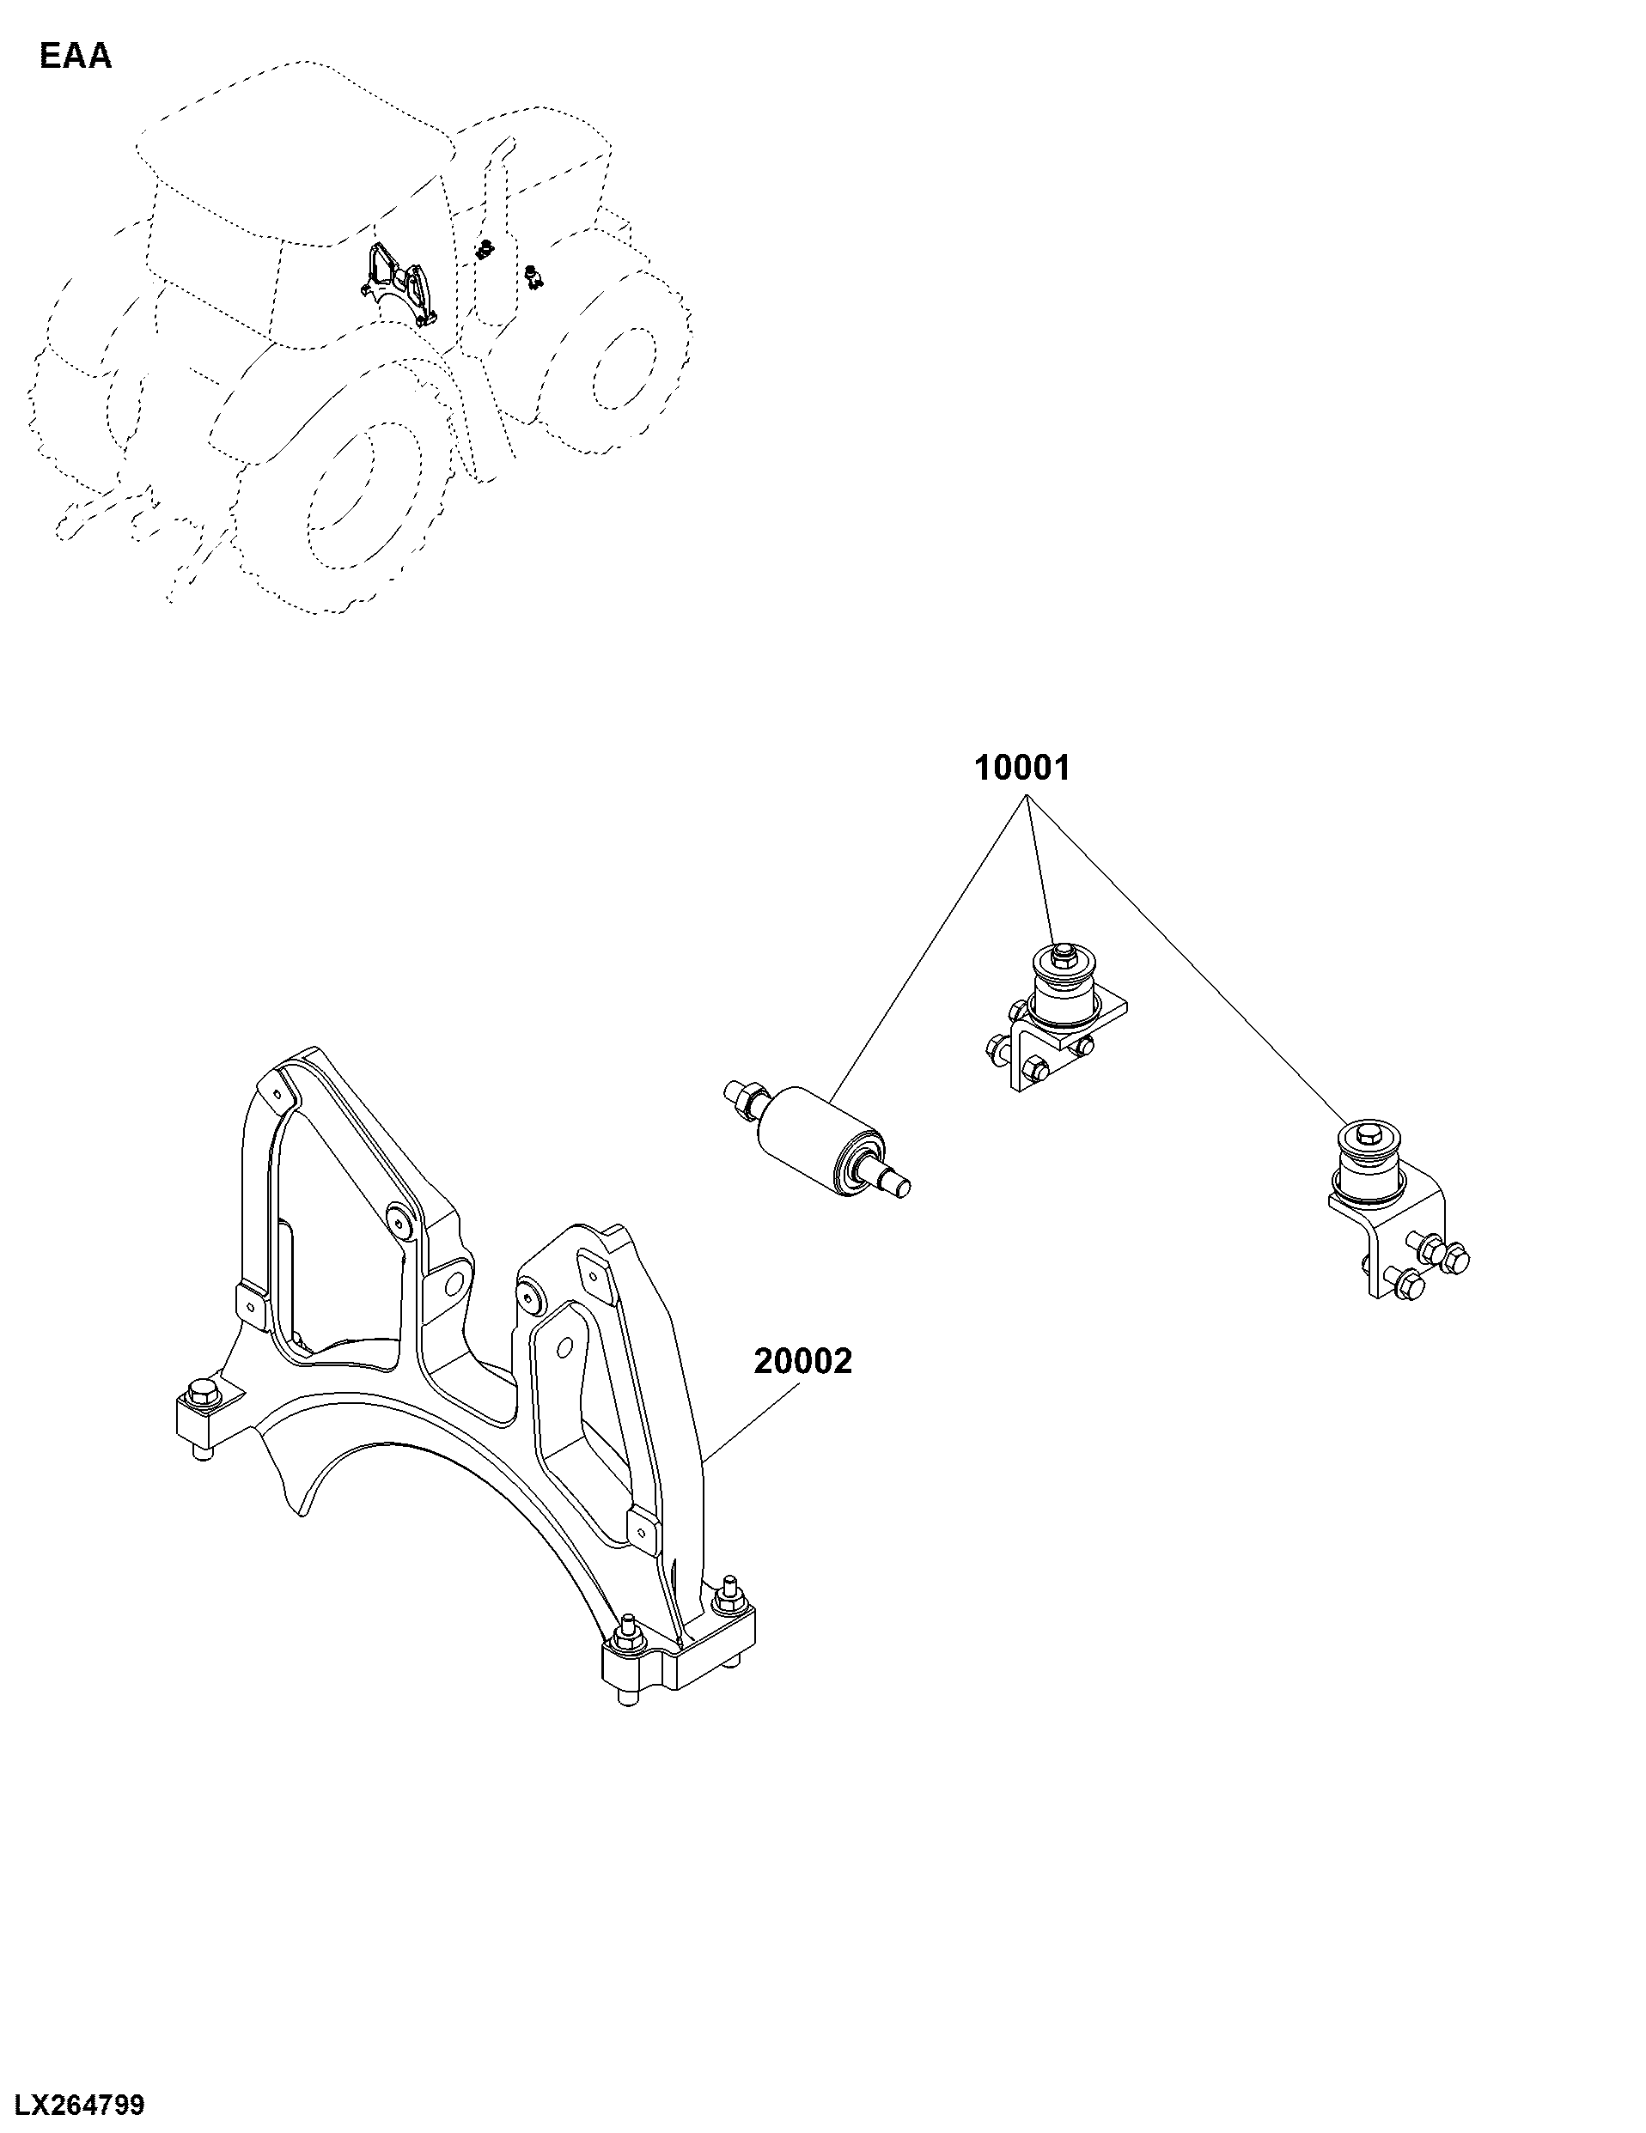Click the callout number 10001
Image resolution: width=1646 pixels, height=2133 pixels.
point(1021,768)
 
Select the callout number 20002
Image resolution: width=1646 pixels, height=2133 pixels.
point(803,1361)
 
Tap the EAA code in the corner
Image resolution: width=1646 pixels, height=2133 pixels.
point(76,57)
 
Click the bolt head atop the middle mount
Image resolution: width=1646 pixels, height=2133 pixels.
point(1062,951)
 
